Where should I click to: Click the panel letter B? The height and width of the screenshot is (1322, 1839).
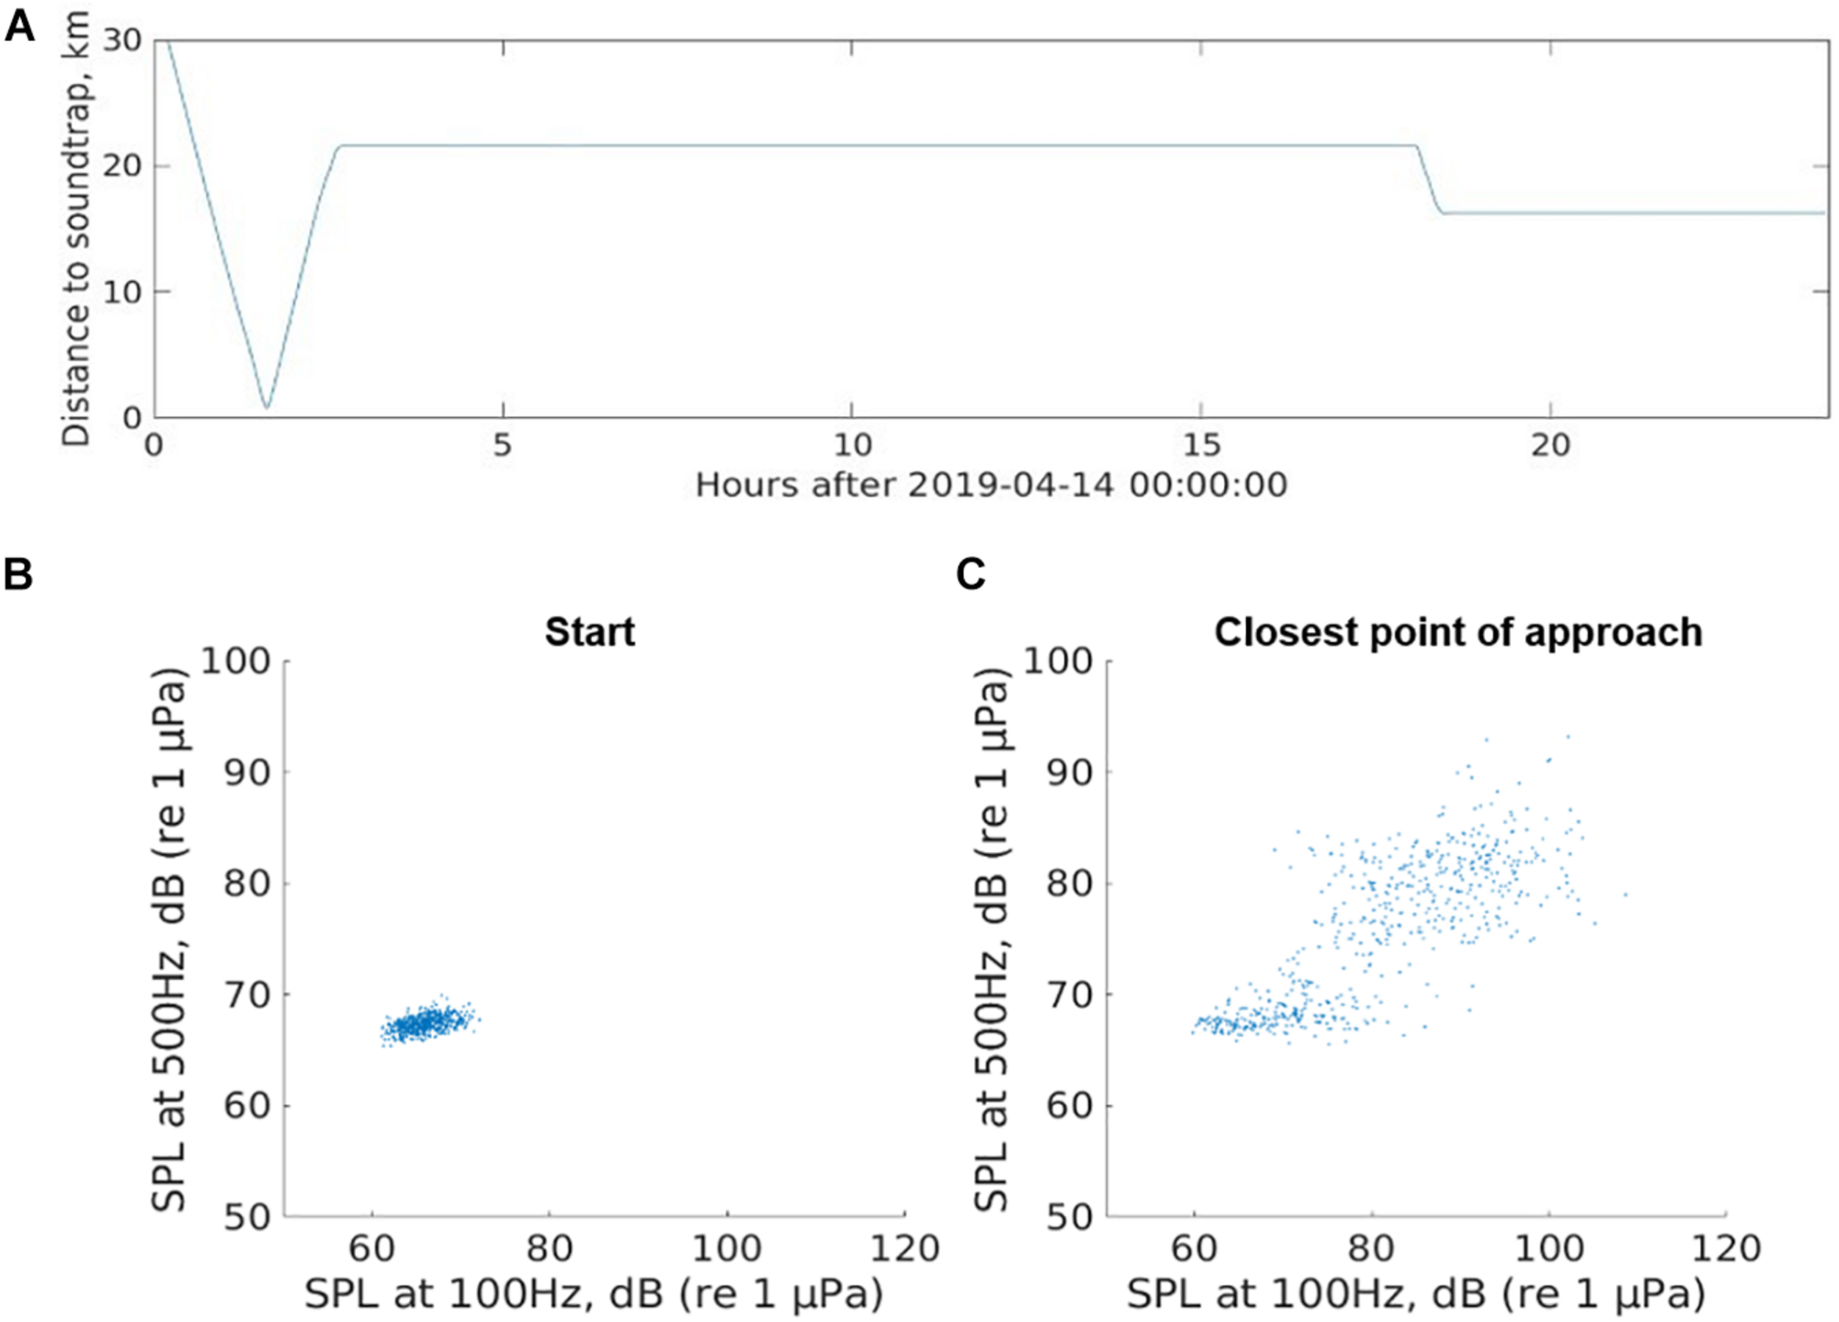point(18,575)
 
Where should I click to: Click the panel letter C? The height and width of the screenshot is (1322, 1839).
point(970,575)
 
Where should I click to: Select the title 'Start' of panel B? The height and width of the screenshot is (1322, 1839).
point(589,632)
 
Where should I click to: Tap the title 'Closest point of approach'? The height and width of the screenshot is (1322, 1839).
point(1458,632)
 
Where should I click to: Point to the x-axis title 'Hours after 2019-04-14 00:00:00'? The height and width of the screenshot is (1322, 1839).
point(991,485)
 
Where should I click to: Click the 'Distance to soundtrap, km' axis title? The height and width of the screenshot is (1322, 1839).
point(77,229)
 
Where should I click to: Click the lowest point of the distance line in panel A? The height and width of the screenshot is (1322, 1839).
point(266,406)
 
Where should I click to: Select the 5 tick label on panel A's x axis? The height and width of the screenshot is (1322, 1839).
point(502,444)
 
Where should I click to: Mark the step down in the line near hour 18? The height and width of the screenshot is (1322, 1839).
point(1429,180)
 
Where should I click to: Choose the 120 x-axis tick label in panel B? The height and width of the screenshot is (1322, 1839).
point(904,1248)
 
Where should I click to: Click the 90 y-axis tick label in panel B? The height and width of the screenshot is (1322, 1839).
point(246,772)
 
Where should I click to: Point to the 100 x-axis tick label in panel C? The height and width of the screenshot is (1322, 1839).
point(1548,1248)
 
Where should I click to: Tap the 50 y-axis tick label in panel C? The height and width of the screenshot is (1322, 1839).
point(1069,1218)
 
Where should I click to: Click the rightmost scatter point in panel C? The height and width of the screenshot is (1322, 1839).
point(1625,895)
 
